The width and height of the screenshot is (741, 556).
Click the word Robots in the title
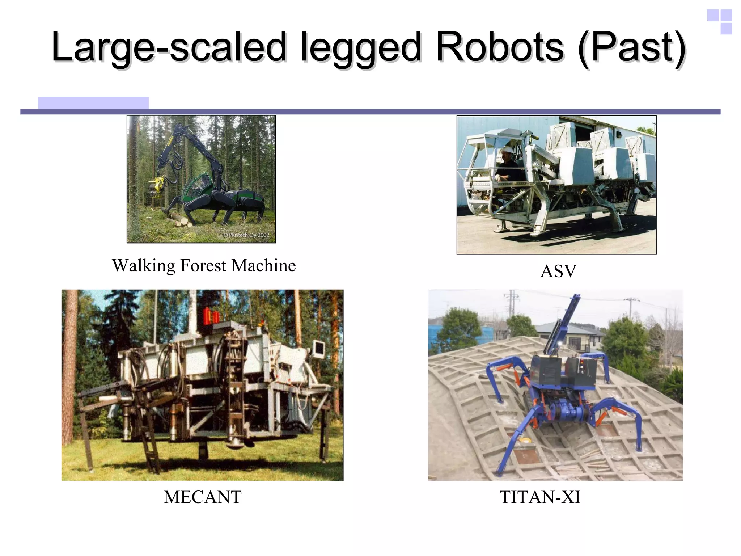[x=499, y=47]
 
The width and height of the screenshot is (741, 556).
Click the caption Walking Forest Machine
[x=204, y=265]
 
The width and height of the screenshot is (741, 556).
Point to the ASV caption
[x=558, y=271]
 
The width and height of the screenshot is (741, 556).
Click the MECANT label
[x=203, y=497]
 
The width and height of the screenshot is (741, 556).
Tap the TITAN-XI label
[x=540, y=497]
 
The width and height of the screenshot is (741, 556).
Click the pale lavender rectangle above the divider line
[x=93, y=102]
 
